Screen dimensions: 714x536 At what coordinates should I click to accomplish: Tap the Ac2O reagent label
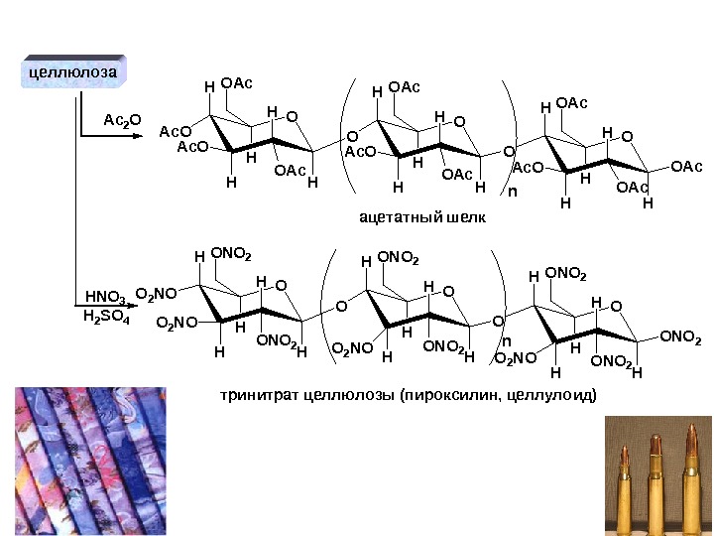tap(123, 120)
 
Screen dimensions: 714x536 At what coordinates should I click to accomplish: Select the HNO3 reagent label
tap(105, 297)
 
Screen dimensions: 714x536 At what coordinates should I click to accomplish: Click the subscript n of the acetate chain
tap(512, 192)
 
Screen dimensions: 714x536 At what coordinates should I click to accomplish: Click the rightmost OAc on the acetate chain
tap(686, 167)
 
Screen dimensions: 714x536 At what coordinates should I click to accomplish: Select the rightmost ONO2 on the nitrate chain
tap(680, 338)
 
